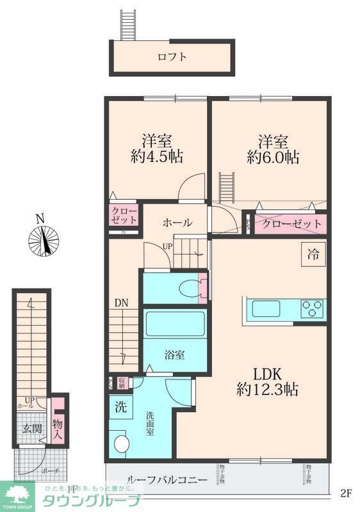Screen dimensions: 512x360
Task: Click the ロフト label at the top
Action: tap(172, 57)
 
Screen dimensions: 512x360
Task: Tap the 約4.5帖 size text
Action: tap(156, 157)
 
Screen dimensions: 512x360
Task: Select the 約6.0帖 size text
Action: tap(273, 157)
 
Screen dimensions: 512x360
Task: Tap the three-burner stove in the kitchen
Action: tap(313, 308)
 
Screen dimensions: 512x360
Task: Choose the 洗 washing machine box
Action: tap(120, 406)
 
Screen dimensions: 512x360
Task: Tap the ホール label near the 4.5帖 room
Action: tap(177, 223)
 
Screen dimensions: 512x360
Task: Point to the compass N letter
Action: tap(40, 218)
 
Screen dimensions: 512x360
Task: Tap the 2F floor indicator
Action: tap(346, 493)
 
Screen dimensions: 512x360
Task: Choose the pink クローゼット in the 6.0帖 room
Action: tap(290, 223)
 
